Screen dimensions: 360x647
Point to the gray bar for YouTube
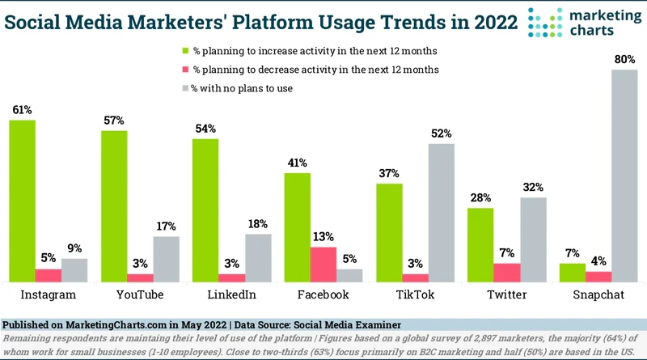[167, 258]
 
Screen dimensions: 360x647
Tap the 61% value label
[23, 109]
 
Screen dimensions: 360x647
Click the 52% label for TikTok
[442, 133]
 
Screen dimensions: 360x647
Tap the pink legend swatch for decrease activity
[184, 70]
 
